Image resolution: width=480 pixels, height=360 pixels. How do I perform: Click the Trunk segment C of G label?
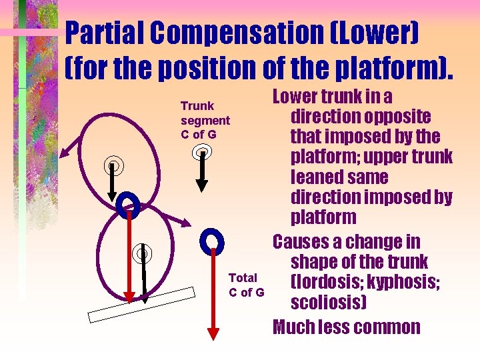(x=205, y=120)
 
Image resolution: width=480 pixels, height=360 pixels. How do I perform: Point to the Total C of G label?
(x=246, y=285)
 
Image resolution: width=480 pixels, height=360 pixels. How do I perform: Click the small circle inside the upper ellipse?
(x=113, y=165)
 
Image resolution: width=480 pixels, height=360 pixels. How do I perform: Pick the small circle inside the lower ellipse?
(x=141, y=253)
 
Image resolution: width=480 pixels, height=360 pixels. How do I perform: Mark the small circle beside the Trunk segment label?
(x=203, y=153)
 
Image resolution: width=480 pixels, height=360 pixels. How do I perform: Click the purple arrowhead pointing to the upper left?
(x=62, y=155)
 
